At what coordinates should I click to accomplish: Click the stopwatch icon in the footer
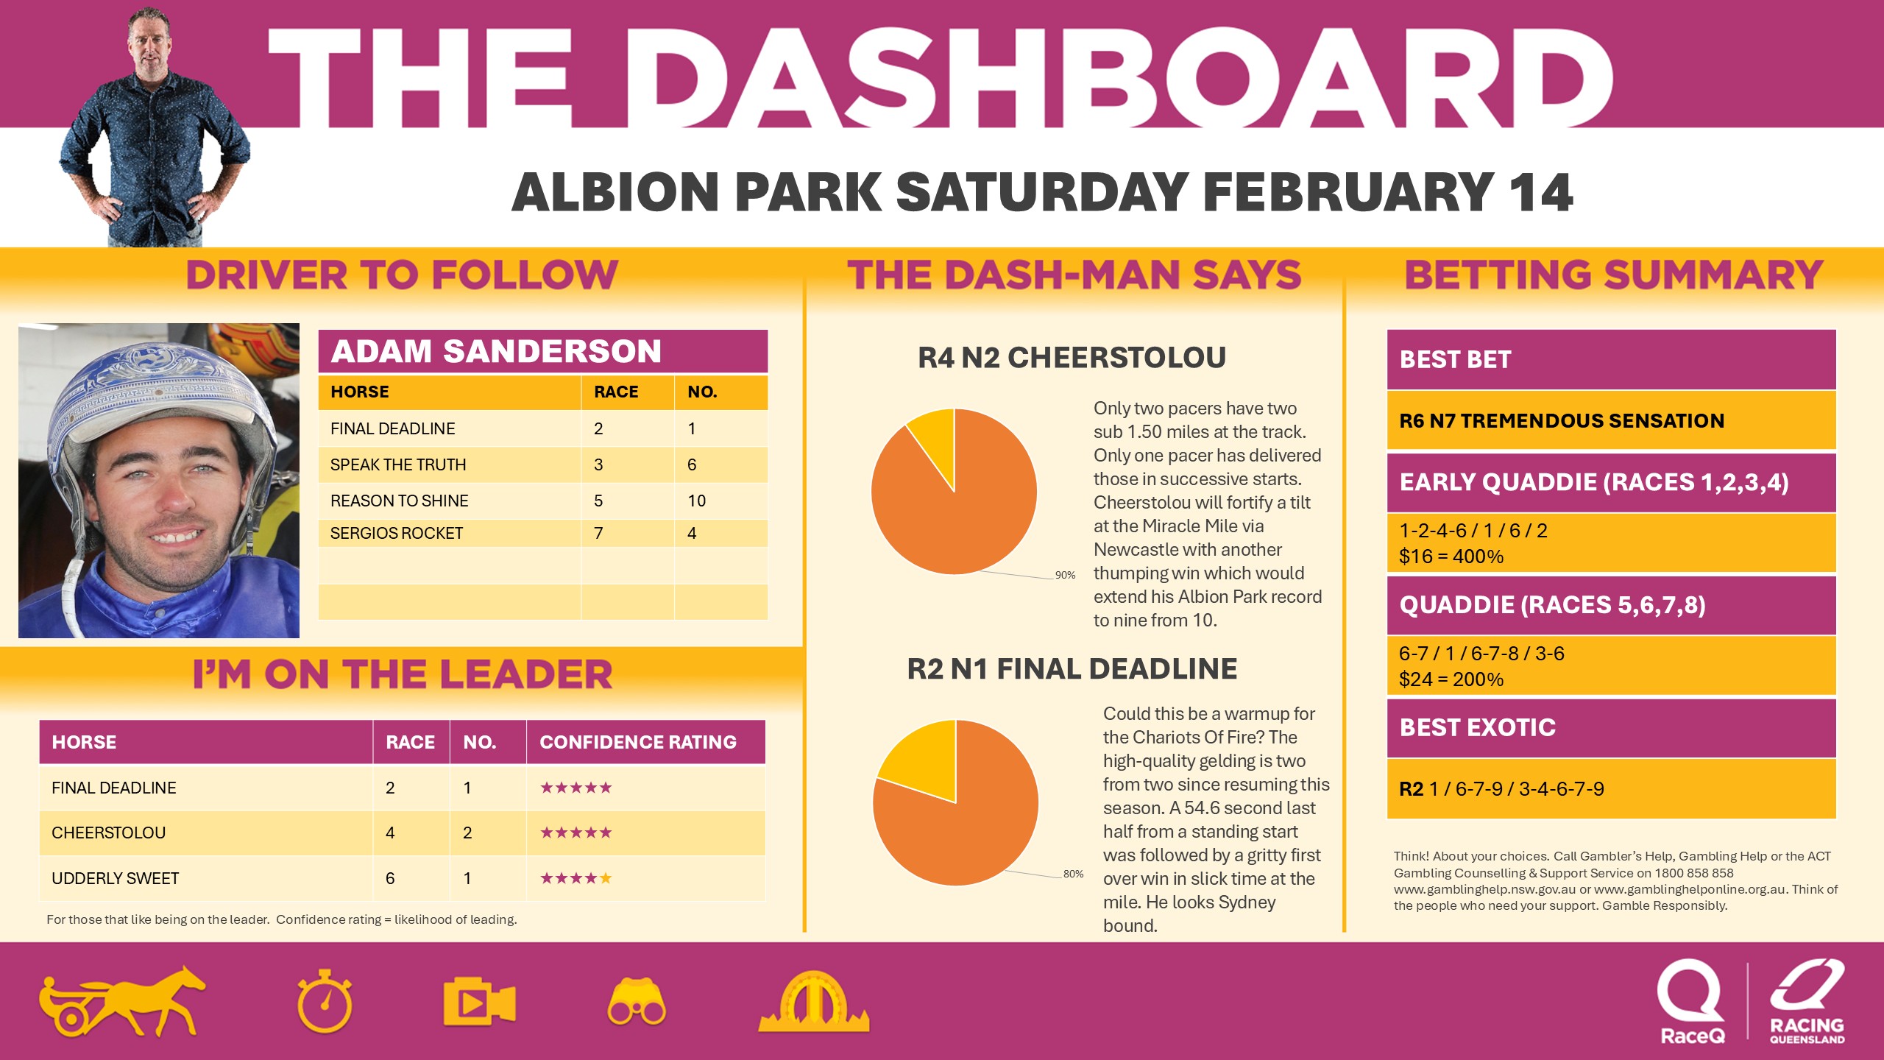325,1002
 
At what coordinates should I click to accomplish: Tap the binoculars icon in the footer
637,1003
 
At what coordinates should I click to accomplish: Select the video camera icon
479,1002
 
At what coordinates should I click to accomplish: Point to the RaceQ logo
1691,1001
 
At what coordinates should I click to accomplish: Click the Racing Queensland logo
1807,1001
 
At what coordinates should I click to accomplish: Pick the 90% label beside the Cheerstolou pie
1065,575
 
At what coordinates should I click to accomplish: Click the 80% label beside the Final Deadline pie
1073,874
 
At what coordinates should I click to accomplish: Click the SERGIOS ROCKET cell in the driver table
397,533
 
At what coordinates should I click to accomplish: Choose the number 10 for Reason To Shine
696,501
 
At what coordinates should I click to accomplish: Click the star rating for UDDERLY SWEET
576,878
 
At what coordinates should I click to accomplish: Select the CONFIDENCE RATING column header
637,742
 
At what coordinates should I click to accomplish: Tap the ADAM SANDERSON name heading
496,351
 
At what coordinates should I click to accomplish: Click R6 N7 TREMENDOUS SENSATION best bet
1562,420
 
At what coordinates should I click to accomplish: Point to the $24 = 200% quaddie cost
1451,679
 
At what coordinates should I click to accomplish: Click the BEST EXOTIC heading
1477,727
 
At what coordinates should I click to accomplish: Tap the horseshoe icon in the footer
813,1003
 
